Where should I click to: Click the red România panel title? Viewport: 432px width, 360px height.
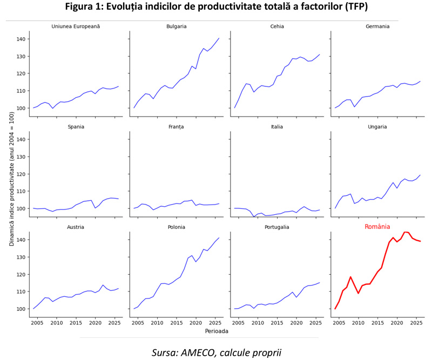(377, 227)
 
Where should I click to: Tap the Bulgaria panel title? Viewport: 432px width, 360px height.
(177, 26)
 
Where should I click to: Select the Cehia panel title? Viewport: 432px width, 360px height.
(277, 26)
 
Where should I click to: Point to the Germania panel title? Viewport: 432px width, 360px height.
(377, 26)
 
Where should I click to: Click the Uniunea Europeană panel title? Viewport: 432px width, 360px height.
(76, 26)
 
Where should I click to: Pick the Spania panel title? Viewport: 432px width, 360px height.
(76, 127)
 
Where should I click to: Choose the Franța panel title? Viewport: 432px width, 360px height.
(177, 127)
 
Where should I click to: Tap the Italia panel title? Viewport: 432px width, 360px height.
(277, 127)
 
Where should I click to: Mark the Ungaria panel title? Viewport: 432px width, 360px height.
(377, 127)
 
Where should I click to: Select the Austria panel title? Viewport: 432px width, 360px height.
(76, 227)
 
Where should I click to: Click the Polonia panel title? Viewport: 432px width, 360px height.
(177, 227)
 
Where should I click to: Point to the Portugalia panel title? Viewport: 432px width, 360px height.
(277, 227)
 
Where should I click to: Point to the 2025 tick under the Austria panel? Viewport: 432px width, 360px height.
(114, 323)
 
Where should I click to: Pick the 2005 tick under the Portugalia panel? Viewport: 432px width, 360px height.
(238, 323)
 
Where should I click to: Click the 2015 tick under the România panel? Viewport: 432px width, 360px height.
(377, 323)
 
